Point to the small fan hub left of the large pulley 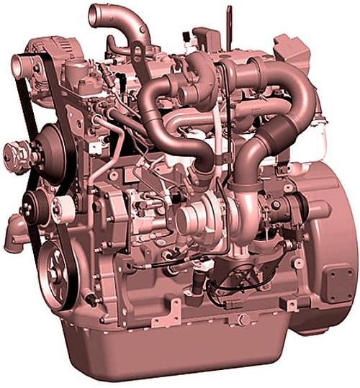tap(17, 154)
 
